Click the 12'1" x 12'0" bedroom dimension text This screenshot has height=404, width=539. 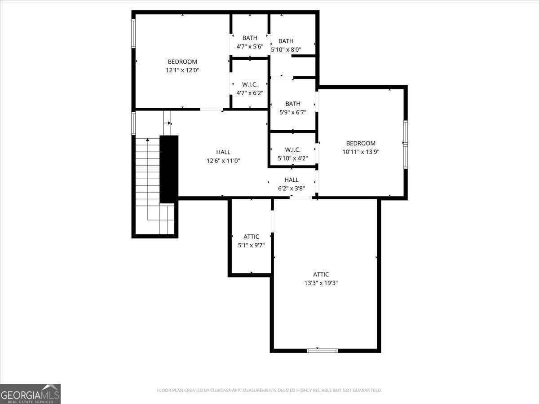(x=182, y=70)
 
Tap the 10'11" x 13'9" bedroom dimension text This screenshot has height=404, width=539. (x=361, y=152)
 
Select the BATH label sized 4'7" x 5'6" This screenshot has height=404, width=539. (x=250, y=38)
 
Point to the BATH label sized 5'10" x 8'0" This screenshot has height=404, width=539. (x=286, y=41)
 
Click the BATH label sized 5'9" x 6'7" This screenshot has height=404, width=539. (x=293, y=104)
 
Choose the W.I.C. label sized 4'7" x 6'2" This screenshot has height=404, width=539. (x=250, y=85)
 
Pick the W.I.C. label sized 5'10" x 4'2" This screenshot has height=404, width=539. (x=293, y=149)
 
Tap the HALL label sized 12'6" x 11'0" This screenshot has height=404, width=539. (x=223, y=152)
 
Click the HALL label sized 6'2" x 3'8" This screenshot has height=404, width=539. (x=292, y=180)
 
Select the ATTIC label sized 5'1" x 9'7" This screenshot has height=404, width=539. (x=251, y=237)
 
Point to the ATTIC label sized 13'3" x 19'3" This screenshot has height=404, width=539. (x=321, y=274)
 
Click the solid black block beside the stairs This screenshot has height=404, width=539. (x=169, y=169)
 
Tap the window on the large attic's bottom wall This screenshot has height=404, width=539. (x=322, y=351)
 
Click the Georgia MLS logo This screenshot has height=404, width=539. (x=30, y=394)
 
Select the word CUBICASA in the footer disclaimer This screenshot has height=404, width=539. (x=221, y=390)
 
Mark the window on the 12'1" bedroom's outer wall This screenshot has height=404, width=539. (x=133, y=34)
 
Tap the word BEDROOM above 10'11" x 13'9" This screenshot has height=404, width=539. (x=361, y=143)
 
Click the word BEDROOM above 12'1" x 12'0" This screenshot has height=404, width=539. (x=182, y=61)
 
